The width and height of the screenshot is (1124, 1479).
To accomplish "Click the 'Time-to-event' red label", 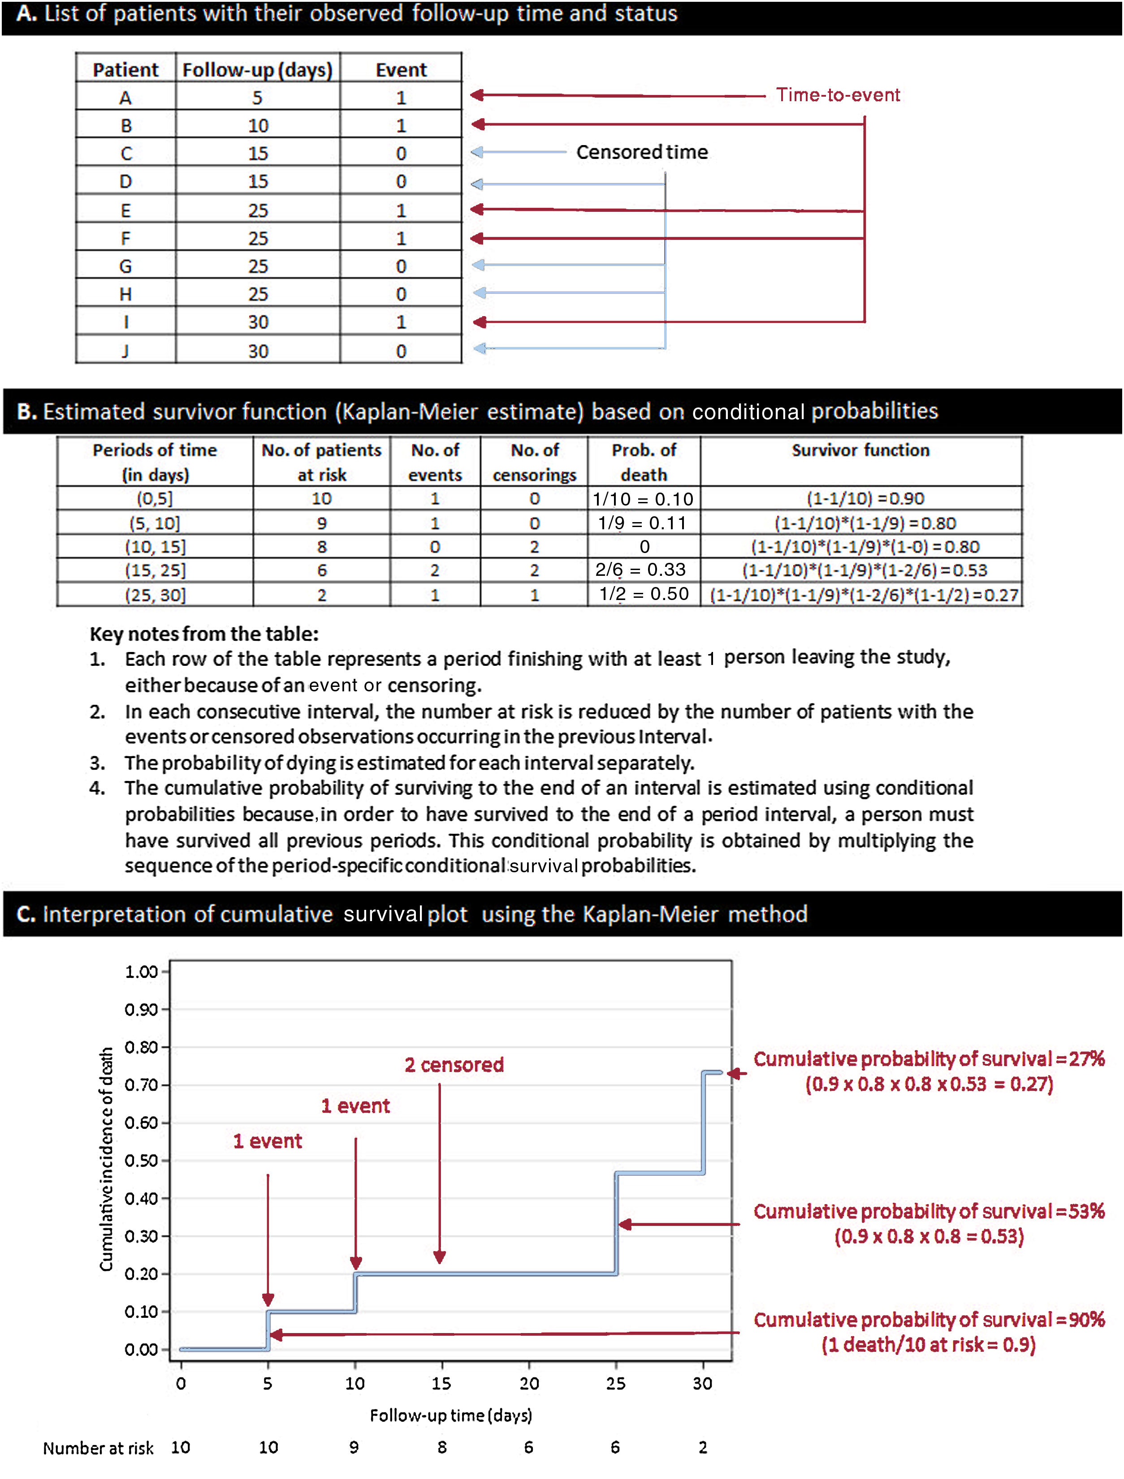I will click(837, 95).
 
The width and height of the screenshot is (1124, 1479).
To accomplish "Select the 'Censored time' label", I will click(642, 152).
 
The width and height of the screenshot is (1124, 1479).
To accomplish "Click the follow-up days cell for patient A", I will click(258, 98).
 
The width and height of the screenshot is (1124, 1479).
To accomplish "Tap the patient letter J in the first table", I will click(125, 351).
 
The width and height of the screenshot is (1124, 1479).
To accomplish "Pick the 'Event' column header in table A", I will click(401, 69).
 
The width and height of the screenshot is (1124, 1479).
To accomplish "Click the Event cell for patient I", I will click(401, 322).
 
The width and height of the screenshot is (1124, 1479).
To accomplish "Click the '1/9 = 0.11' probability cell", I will click(643, 523).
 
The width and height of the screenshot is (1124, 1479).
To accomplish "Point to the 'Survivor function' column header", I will click(860, 450).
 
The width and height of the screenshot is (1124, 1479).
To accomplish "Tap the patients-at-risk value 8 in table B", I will click(322, 547).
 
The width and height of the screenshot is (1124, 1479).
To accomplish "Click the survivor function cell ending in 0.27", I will click(864, 595).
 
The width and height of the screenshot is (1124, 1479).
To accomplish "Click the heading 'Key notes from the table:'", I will click(204, 634).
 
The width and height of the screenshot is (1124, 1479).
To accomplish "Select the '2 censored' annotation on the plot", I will click(454, 1065).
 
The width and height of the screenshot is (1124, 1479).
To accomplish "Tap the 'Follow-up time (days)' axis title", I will click(451, 1415).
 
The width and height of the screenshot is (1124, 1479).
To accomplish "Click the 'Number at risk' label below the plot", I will click(98, 1448).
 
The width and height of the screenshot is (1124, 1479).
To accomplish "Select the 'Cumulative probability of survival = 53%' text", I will click(928, 1212).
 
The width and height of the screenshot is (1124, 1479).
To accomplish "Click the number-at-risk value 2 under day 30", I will click(703, 1448).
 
